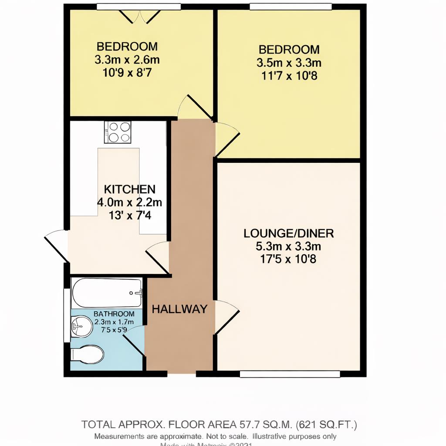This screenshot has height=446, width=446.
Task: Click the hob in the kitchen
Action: point(118,132)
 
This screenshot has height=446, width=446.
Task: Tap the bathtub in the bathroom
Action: point(107,293)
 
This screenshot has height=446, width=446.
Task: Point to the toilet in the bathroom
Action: point(88,355)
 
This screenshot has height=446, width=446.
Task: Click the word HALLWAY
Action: point(179,309)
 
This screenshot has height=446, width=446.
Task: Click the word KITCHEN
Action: point(130,189)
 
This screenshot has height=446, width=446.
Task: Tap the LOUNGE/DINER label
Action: point(288,233)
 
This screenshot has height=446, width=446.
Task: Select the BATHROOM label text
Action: point(114,314)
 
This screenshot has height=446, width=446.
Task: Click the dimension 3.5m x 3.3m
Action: point(289,63)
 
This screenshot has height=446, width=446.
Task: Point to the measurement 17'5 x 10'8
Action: point(288,260)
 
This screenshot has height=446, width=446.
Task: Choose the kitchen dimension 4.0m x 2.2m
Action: point(130,202)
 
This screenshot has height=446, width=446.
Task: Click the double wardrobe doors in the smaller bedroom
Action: point(139,17)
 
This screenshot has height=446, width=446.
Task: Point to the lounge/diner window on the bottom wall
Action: point(290,374)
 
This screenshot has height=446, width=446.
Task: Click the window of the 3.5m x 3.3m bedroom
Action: point(291,7)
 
